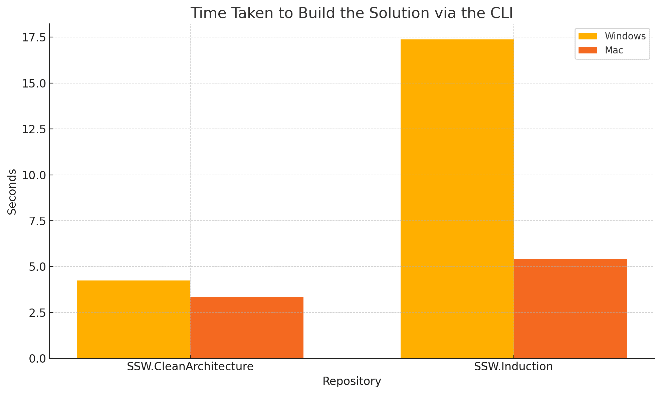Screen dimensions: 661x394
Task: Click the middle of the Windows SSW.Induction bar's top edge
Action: [x=457, y=40]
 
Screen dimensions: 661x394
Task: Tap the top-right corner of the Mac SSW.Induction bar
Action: [x=627, y=259]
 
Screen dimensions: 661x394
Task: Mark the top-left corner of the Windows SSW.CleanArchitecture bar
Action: [x=77, y=281]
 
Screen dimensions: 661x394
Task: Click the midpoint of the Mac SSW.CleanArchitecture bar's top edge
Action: [x=247, y=297]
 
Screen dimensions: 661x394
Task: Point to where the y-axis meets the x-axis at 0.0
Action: [x=50, y=358]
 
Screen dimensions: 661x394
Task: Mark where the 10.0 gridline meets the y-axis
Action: [x=50, y=175]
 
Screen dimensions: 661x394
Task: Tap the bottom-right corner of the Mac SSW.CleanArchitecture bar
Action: [x=303, y=358]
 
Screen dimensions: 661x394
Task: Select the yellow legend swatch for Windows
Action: [x=588, y=36]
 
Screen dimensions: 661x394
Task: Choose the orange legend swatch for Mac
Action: [x=588, y=50]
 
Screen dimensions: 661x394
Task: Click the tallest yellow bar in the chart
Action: [x=457, y=199]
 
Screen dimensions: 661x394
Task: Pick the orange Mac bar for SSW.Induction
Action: [x=570, y=309]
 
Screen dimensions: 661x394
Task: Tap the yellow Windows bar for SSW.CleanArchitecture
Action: [x=134, y=320]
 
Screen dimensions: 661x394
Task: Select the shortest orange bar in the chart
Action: [x=247, y=328]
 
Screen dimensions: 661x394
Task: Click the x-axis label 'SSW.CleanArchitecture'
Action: [x=190, y=367]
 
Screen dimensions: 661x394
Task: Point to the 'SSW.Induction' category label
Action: [x=513, y=367]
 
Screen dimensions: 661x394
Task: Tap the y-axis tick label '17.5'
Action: [x=34, y=38]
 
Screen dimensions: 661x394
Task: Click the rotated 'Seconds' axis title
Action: [x=12, y=192]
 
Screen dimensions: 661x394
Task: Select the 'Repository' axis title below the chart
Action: [x=352, y=381]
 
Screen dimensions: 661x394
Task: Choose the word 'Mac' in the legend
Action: [x=614, y=50]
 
